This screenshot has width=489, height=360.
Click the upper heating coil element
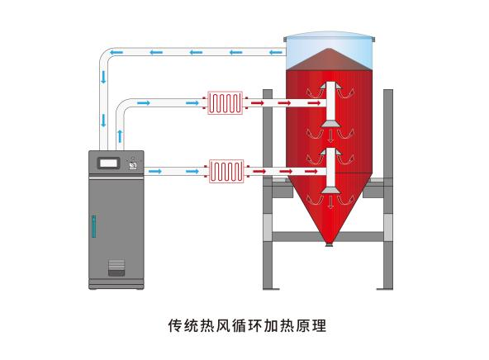[226, 103]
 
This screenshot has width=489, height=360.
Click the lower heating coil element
[226, 171]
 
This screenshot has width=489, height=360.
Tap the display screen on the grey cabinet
[108, 163]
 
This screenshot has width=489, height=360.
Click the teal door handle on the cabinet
[93, 226]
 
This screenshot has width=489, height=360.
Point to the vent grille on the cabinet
[116, 268]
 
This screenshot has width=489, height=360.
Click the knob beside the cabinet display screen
[133, 165]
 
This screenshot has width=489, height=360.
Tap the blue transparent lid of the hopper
[329, 50]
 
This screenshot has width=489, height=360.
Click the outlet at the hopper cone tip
[329, 245]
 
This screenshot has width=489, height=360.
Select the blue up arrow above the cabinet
[120, 136]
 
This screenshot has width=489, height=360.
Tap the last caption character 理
[319, 325]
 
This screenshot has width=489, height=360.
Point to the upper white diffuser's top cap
[330, 85]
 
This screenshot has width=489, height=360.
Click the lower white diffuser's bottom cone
[330, 190]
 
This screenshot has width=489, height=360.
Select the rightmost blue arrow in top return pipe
[276, 52]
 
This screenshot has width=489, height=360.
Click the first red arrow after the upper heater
[258, 103]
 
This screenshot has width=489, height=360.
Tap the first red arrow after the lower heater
[259, 171]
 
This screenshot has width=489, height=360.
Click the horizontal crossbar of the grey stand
[327, 236]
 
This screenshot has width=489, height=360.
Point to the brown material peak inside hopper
[329, 59]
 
